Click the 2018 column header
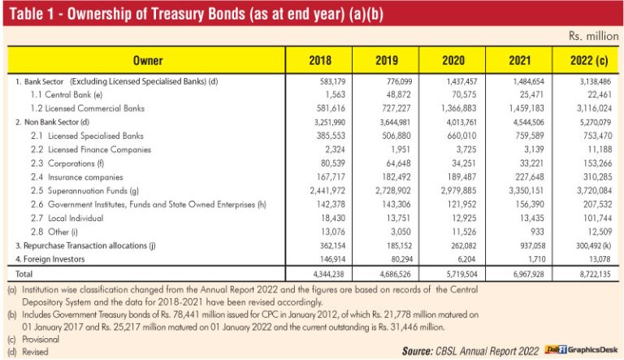click(x=320, y=60)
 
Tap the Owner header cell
click(x=147, y=60)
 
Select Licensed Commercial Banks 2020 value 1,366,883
click(x=458, y=108)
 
